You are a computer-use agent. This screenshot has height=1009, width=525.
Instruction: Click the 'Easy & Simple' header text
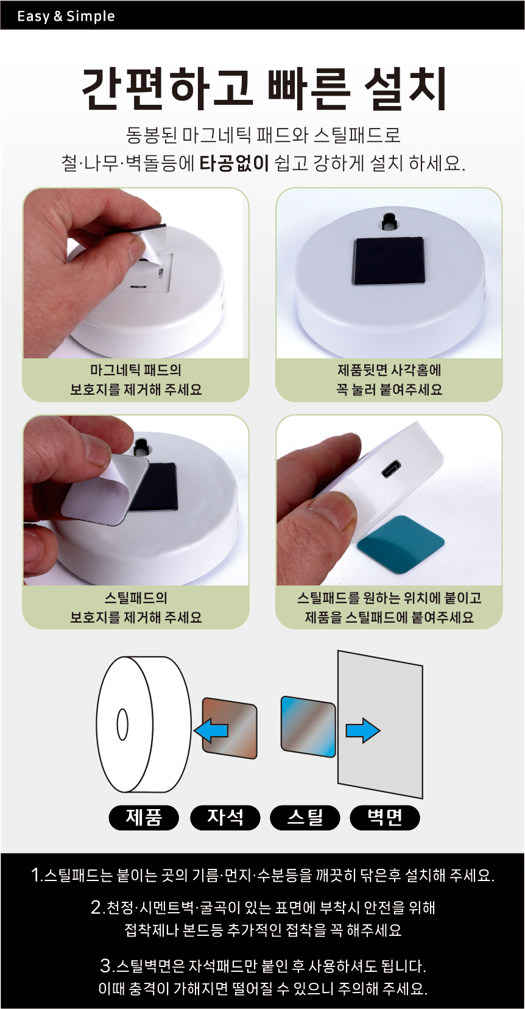click(x=66, y=16)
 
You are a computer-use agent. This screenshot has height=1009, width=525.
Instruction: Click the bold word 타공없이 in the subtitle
click(x=234, y=163)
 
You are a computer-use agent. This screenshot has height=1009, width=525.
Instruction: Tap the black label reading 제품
click(x=144, y=817)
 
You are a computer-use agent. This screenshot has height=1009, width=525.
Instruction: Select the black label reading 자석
click(x=225, y=817)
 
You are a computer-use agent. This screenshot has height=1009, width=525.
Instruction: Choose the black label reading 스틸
click(x=305, y=817)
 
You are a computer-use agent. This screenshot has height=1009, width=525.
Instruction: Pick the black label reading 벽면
click(x=385, y=817)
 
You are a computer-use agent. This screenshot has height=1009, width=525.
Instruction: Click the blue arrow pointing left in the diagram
click(x=211, y=730)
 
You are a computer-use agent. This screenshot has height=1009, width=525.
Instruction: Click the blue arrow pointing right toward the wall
click(x=363, y=730)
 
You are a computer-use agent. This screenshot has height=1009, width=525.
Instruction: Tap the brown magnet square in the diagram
click(x=230, y=728)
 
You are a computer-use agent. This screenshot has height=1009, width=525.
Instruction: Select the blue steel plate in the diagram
click(x=308, y=726)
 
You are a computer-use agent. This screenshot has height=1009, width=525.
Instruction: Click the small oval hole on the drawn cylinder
click(x=122, y=725)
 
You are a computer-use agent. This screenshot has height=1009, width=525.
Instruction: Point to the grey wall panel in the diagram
click(x=380, y=724)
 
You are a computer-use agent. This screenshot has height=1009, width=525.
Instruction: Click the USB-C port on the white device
click(x=392, y=469)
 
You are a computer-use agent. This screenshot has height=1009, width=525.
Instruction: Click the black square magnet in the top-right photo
click(x=388, y=261)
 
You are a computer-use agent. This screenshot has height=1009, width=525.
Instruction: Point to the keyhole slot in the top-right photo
click(x=388, y=221)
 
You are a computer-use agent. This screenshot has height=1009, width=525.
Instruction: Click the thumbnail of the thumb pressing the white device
click(x=389, y=500)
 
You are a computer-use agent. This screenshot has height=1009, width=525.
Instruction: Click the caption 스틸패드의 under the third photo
click(x=136, y=598)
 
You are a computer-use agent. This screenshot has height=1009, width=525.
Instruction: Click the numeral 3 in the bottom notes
click(x=106, y=965)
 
